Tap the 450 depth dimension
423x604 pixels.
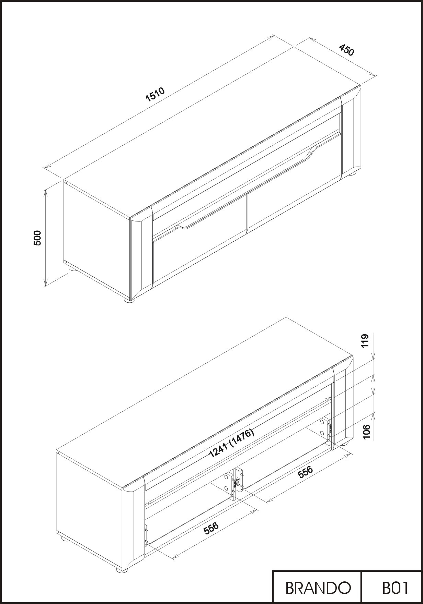(x=346, y=50)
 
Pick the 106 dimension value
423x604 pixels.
(x=366, y=432)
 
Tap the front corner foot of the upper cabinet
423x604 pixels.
(x=130, y=300)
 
